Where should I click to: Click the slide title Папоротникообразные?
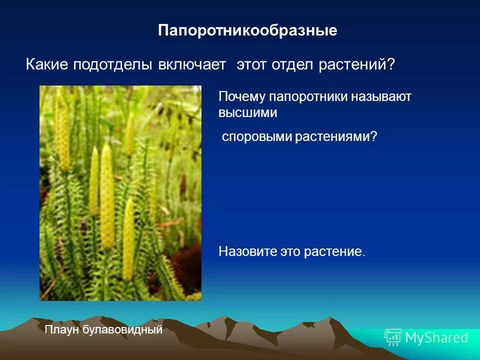pyautogui.click(x=247, y=30)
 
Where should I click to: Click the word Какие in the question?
pyautogui.click(x=47, y=65)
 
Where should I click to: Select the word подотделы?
pyautogui.click(x=113, y=65)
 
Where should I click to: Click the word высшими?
pyautogui.click(x=247, y=113)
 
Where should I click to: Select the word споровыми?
pyautogui.click(x=256, y=137)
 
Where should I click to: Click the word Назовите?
pyautogui.click(x=241, y=251)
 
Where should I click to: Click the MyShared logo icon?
pyautogui.click(x=392, y=337)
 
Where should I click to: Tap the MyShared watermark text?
pyautogui.click(x=436, y=338)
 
